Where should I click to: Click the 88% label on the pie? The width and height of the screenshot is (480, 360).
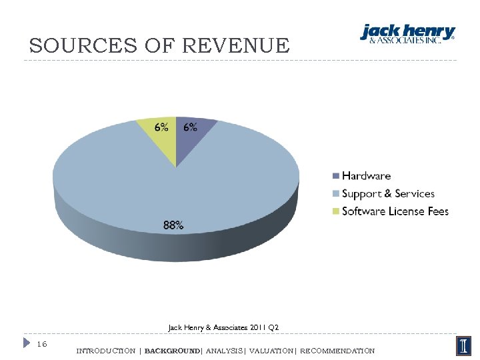[173, 225]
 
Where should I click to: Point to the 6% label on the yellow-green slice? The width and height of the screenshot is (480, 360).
[162, 127]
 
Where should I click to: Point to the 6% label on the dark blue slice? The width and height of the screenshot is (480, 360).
[190, 127]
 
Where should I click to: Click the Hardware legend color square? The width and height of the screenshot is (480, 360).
[336, 176]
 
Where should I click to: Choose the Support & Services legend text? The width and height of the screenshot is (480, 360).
[388, 194]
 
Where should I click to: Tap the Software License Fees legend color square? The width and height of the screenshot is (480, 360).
[336, 212]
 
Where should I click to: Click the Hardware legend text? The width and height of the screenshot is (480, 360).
[366, 176]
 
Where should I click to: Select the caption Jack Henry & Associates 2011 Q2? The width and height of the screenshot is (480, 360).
[223, 327]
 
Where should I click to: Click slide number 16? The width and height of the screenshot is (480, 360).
[42, 344]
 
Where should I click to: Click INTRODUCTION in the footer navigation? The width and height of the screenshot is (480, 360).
[106, 351]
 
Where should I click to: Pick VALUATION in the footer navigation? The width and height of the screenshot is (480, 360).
[270, 351]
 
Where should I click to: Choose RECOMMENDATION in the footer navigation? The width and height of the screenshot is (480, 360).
[337, 351]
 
